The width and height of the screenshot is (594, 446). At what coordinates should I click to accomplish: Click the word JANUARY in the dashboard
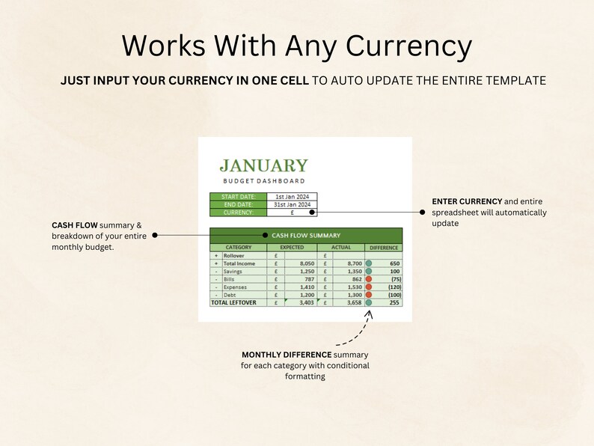[263, 166]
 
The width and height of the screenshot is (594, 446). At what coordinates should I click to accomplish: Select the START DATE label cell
[238, 196]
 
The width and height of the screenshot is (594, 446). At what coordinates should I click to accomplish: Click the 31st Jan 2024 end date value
[292, 204]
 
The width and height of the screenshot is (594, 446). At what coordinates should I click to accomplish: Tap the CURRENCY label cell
[238, 213]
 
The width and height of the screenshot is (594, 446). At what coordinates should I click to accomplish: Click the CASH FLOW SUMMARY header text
[306, 235]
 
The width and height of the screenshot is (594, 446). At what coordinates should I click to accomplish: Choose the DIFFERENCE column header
[384, 247]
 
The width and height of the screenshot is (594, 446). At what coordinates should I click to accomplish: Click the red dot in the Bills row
[369, 279]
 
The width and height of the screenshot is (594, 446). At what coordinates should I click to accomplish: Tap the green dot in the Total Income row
[369, 263]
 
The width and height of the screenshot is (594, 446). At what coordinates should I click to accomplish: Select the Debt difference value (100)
[394, 295]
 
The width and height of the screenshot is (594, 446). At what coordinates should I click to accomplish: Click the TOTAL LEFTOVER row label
[233, 303]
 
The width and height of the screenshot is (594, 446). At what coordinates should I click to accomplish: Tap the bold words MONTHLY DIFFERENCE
[287, 355]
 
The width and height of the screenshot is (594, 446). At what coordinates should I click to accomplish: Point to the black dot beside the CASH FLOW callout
[155, 235]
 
